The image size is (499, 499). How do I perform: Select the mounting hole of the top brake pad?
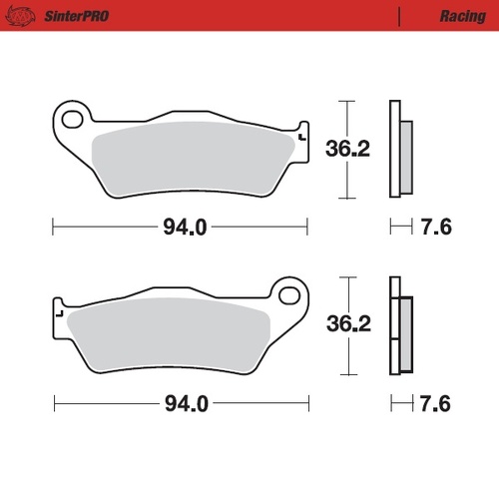(72, 120)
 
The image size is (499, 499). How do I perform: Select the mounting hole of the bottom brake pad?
(290, 296)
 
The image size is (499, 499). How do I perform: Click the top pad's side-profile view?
(400, 150)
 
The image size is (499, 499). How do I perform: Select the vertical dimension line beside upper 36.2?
(344, 150)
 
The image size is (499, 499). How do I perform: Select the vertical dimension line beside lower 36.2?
(344, 325)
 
